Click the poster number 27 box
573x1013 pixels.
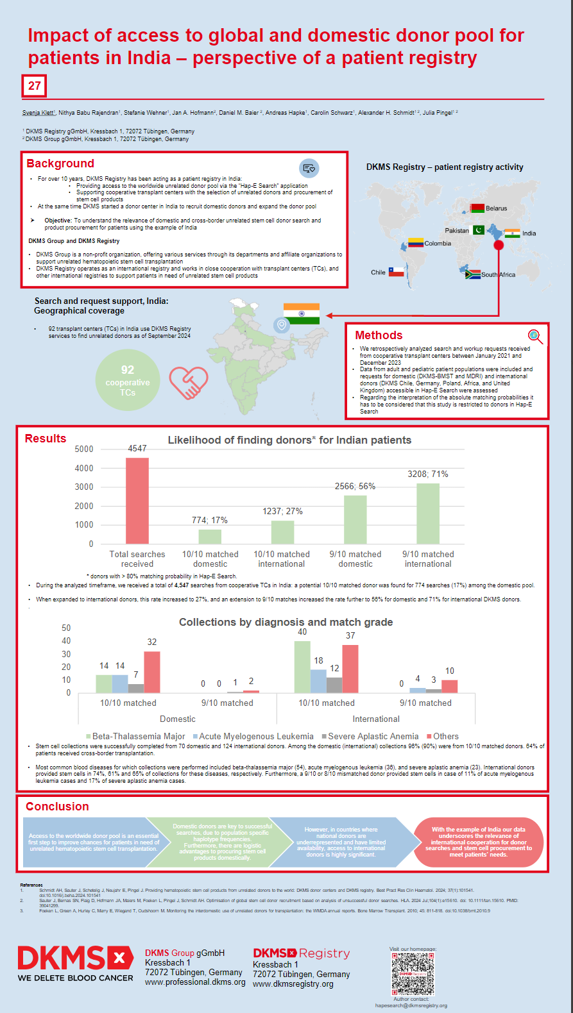35,86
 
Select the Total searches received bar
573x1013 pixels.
137,500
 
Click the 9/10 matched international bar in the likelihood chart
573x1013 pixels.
428,513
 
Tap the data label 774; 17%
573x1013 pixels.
210,520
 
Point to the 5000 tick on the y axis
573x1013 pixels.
84,449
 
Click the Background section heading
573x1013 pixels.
60,163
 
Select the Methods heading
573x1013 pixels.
379,335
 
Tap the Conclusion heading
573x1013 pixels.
57,807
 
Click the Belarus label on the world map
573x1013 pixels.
496,208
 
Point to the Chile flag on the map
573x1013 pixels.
397,272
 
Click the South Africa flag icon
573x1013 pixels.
473,274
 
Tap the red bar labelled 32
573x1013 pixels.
152,672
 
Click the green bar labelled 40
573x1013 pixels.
302,667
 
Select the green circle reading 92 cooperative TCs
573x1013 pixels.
128,380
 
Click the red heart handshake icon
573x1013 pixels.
189,383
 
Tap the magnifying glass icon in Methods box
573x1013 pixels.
535,336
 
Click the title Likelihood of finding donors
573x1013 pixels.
289,440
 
